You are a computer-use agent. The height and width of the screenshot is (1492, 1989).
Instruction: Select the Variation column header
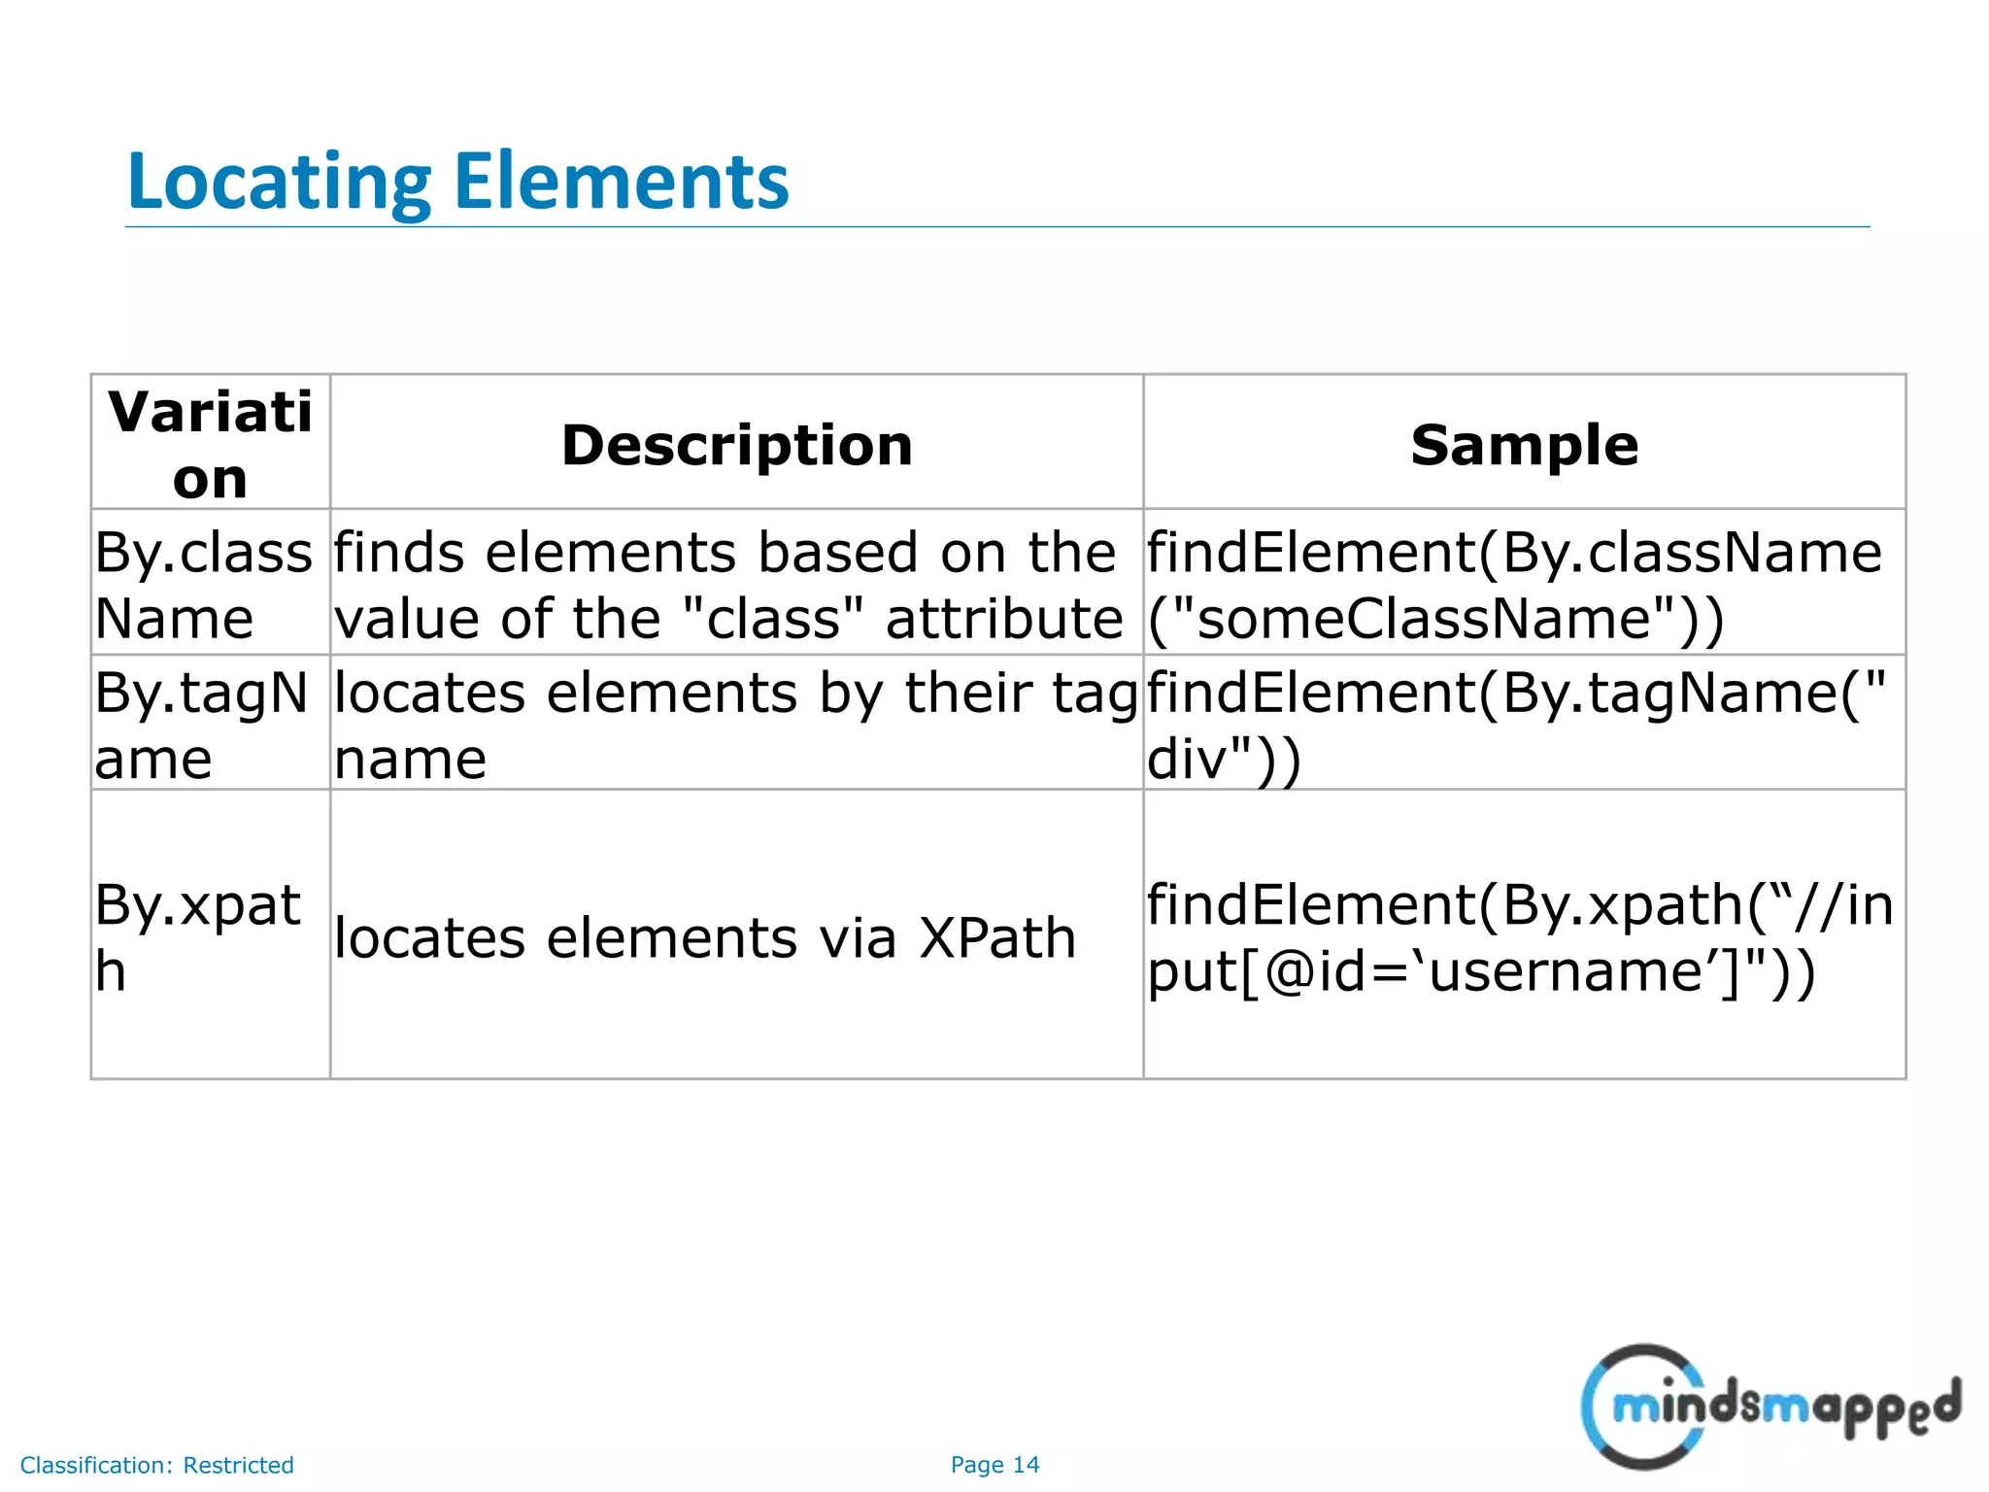[x=210, y=444]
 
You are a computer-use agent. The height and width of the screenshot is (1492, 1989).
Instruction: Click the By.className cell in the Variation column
[x=203, y=585]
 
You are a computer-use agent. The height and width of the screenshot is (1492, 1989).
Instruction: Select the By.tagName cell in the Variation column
[x=201, y=725]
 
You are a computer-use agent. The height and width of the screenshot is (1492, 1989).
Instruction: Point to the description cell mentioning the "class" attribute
[x=728, y=585]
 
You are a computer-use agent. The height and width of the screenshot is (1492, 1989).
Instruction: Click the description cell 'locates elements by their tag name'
[x=735, y=725]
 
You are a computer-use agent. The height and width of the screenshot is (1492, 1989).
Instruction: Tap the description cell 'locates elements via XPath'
[x=705, y=938]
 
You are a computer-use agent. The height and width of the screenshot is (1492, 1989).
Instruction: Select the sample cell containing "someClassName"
[x=1514, y=585]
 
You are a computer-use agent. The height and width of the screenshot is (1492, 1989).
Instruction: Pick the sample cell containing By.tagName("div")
[x=1516, y=725]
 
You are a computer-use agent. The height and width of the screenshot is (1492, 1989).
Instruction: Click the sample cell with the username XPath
[x=1520, y=937]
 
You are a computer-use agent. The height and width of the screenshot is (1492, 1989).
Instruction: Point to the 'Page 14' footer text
[x=994, y=1465]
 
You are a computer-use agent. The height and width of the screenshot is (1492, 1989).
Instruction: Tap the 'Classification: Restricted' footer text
[x=156, y=1465]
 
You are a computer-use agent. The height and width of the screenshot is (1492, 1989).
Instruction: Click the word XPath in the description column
[x=997, y=938]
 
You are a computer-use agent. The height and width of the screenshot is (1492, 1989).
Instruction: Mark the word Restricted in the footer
[x=238, y=1465]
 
